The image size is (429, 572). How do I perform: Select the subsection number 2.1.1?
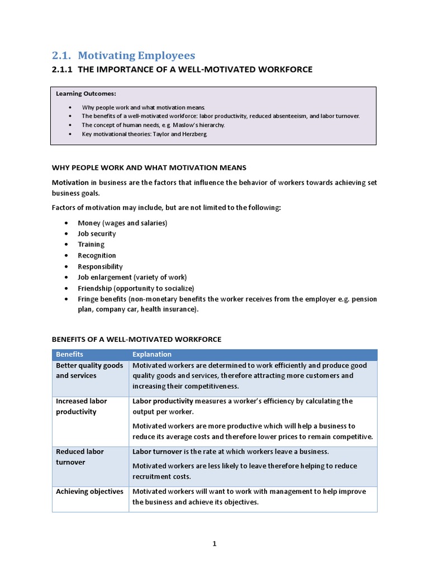[x=62, y=69]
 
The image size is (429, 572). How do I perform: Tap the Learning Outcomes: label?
[x=85, y=93]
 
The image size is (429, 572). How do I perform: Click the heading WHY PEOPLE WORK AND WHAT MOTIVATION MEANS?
[x=149, y=168]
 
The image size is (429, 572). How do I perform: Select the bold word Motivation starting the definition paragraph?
[x=70, y=183]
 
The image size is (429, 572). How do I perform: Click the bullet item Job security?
[x=97, y=233]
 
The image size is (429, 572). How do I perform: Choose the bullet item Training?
[x=91, y=244]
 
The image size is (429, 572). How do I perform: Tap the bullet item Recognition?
[x=97, y=255]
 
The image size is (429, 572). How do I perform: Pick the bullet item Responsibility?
[x=100, y=266]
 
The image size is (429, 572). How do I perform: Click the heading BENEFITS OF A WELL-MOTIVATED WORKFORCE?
[x=136, y=339]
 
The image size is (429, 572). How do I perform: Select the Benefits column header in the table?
[x=70, y=355]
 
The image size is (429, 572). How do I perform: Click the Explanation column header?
[x=151, y=355]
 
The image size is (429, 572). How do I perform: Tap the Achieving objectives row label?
[x=89, y=492]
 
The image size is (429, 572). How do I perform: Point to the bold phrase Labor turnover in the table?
[x=156, y=451]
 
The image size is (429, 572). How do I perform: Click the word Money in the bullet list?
[x=89, y=223]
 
